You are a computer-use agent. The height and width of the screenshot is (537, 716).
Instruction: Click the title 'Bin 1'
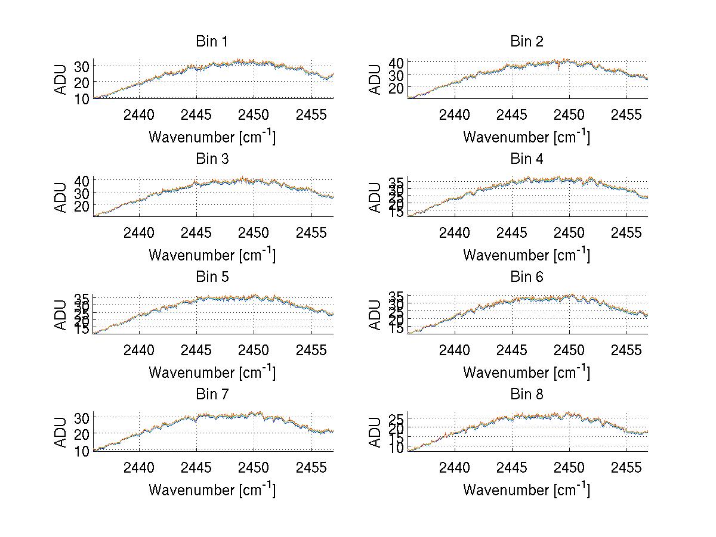coord(212,42)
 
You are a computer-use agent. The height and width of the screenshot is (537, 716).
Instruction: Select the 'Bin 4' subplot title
coord(526,159)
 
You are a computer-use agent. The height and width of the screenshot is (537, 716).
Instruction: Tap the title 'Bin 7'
coord(212,395)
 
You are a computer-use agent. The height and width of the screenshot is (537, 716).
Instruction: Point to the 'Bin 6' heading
coord(526,277)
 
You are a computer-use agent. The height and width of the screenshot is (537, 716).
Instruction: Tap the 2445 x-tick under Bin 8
coord(511,467)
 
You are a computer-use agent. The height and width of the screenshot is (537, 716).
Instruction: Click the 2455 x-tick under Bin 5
coord(311,349)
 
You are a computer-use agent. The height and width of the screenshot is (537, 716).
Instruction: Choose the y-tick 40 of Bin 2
coord(396,63)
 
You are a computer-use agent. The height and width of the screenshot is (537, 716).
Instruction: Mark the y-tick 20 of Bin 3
coord(81,206)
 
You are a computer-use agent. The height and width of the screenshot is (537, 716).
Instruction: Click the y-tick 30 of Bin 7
coord(81,417)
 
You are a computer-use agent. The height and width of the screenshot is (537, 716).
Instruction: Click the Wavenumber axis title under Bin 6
coord(526,373)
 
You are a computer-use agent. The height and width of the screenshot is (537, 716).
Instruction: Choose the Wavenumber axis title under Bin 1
coord(212,137)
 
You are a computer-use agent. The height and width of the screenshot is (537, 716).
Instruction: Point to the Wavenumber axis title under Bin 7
coord(212,490)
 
